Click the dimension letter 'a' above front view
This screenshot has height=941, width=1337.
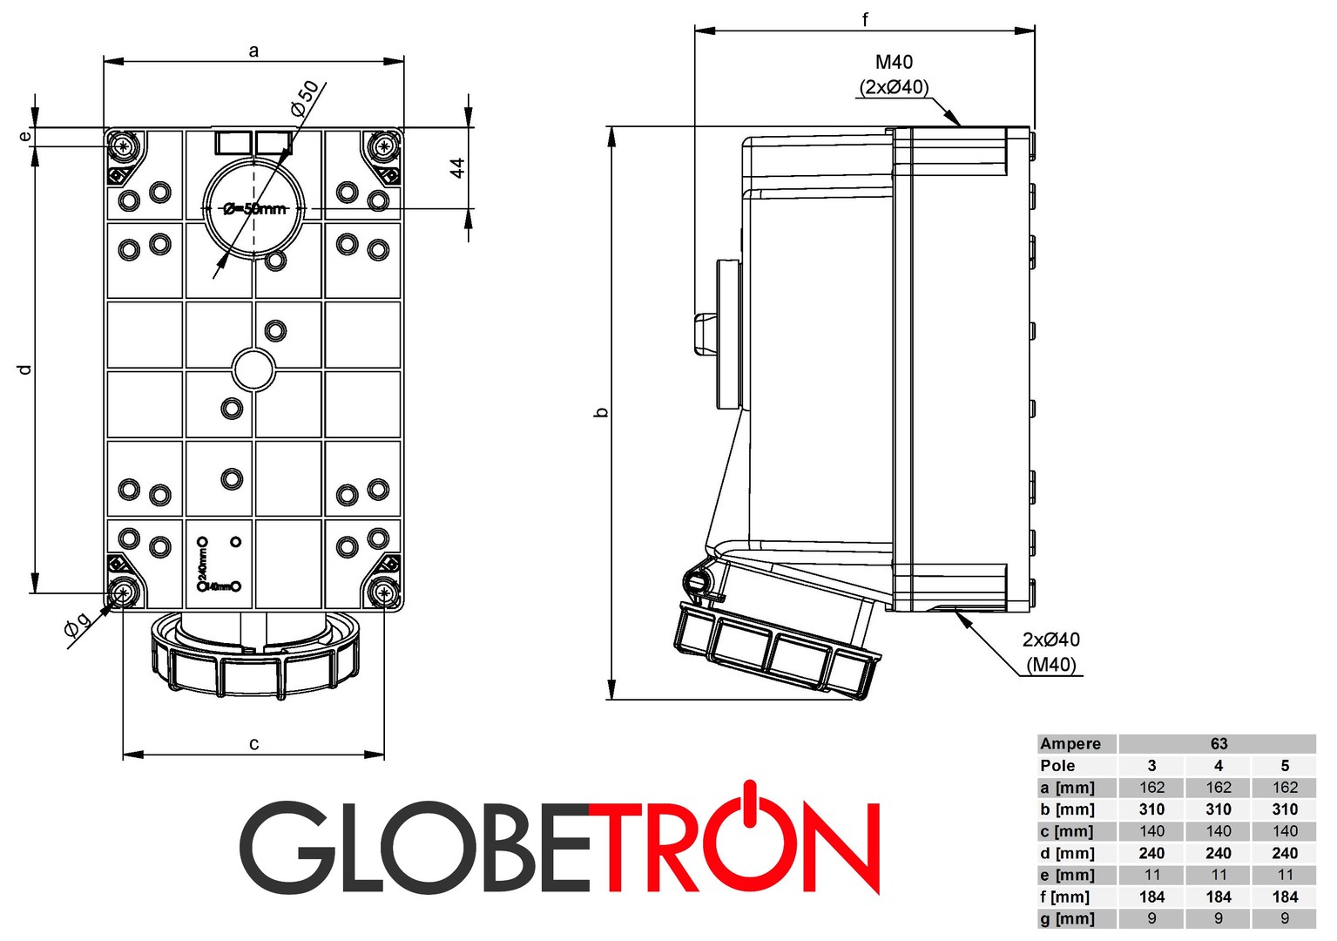click(253, 51)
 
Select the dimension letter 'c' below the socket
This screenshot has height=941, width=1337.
click(253, 744)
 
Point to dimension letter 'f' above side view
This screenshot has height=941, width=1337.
click(865, 19)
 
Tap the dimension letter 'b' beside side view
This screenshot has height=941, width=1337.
click(601, 412)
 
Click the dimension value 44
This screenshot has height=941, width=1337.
click(457, 167)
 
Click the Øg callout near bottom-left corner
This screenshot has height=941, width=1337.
click(77, 629)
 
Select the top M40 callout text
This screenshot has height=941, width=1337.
click(894, 62)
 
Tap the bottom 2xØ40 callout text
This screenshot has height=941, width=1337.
click(1050, 640)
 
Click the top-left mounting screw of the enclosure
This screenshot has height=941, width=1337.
click(123, 146)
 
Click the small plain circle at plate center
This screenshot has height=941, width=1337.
click(254, 369)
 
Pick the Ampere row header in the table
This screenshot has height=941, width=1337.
click(1070, 744)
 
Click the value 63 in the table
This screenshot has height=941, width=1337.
click(1219, 744)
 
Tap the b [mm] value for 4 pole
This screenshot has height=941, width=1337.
click(1219, 809)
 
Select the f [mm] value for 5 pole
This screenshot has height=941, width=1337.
click(1285, 897)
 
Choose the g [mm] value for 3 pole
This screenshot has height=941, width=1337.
click(1151, 918)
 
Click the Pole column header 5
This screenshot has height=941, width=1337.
click(1285, 766)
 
